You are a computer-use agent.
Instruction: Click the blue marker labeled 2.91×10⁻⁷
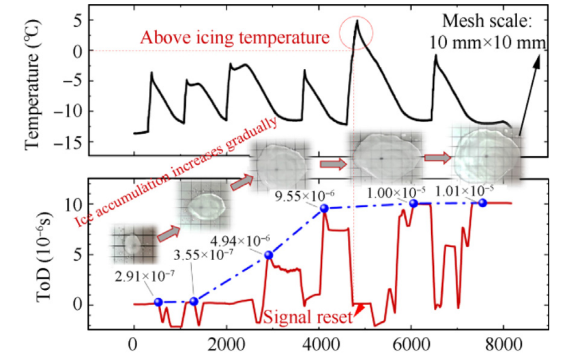coord(158,302)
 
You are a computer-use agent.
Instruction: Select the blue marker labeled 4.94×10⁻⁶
coord(269,255)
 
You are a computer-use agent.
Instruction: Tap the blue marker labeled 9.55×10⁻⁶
coord(324,208)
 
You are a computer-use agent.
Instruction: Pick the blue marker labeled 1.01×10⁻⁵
coord(483,203)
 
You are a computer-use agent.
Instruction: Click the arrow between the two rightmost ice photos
coord(436,157)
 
